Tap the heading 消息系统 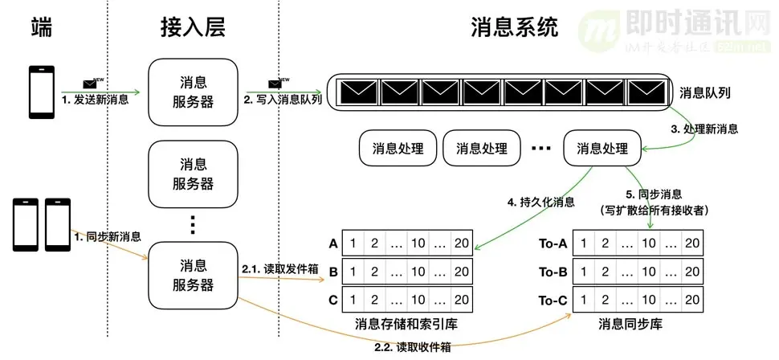pos(515,29)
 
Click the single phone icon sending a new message pos(40,92)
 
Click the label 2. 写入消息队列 pos(284,100)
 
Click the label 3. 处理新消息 pos(704,129)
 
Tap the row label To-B pos(554,272)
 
